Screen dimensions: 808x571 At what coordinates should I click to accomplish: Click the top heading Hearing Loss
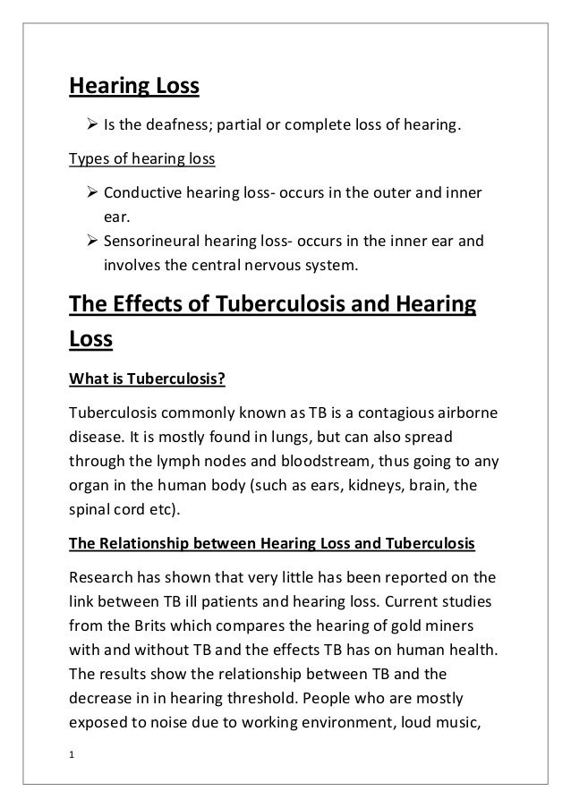click(x=134, y=88)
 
